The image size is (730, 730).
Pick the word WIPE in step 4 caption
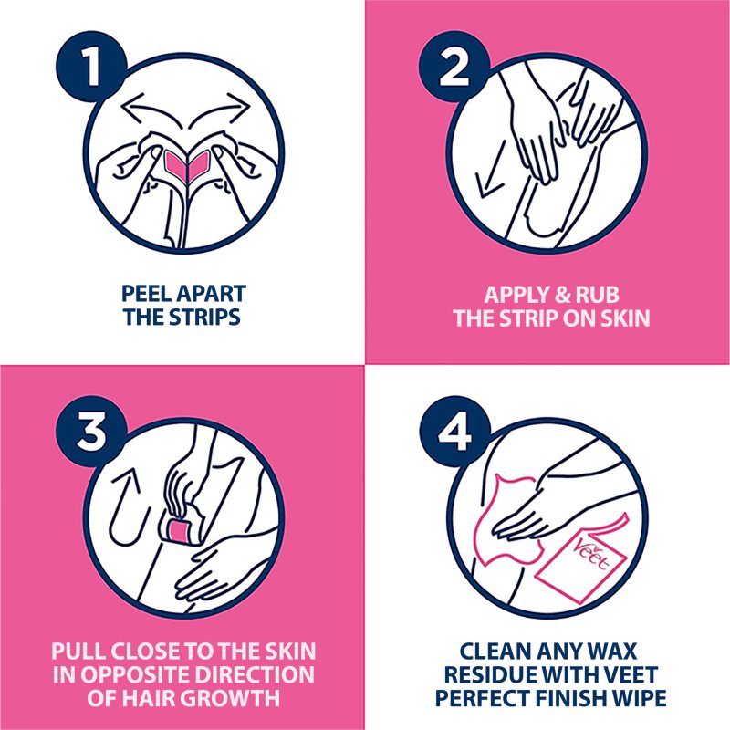[633, 698]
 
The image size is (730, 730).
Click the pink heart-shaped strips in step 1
[187, 164]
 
